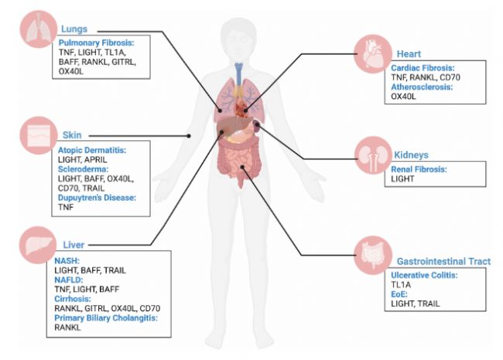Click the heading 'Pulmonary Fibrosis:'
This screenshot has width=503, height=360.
[x=95, y=43]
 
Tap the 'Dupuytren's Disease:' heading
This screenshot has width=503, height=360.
[x=98, y=197]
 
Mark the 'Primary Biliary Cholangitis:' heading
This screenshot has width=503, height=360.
[x=111, y=317]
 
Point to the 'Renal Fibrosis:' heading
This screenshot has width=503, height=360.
[x=419, y=169]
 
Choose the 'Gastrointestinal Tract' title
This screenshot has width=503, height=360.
[x=443, y=262]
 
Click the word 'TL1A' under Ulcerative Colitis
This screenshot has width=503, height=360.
[x=402, y=285]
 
